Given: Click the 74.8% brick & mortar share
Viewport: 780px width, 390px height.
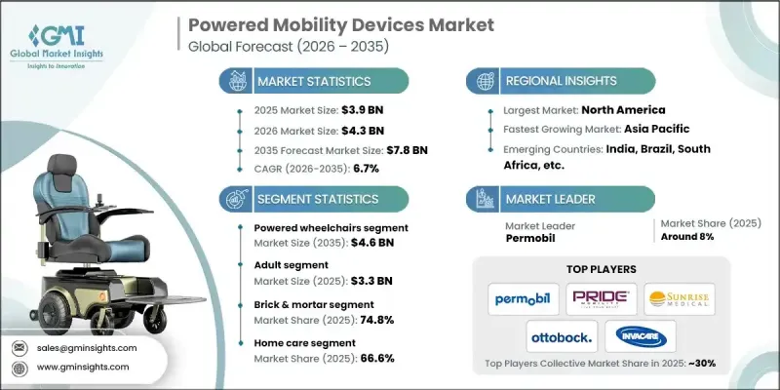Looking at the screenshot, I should pyautogui.click(x=377, y=317).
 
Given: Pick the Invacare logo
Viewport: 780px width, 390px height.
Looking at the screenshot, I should pyautogui.click(x=638, y=338).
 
